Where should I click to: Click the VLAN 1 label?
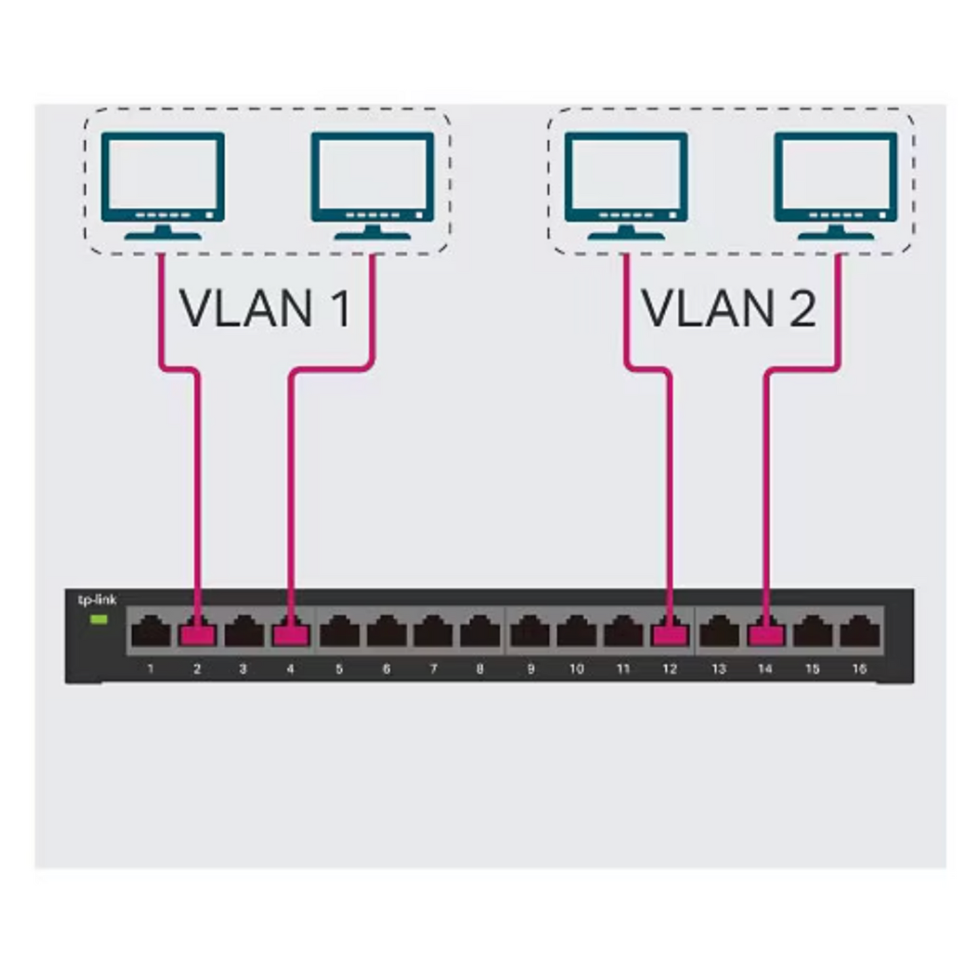265,308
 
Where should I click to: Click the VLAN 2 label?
728,308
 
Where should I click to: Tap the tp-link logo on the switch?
97,600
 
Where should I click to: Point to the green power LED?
99,619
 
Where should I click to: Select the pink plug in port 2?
197,634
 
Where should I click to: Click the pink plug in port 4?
291,634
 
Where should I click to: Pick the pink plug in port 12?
669,634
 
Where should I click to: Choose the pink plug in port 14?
766,634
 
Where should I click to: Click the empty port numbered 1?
150,632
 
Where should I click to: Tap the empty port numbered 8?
480,632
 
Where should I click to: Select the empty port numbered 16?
859,632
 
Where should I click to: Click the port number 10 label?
576,669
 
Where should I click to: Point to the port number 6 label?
386,669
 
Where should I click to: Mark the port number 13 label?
718,669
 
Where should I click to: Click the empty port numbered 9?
530,632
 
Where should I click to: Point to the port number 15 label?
812,669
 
